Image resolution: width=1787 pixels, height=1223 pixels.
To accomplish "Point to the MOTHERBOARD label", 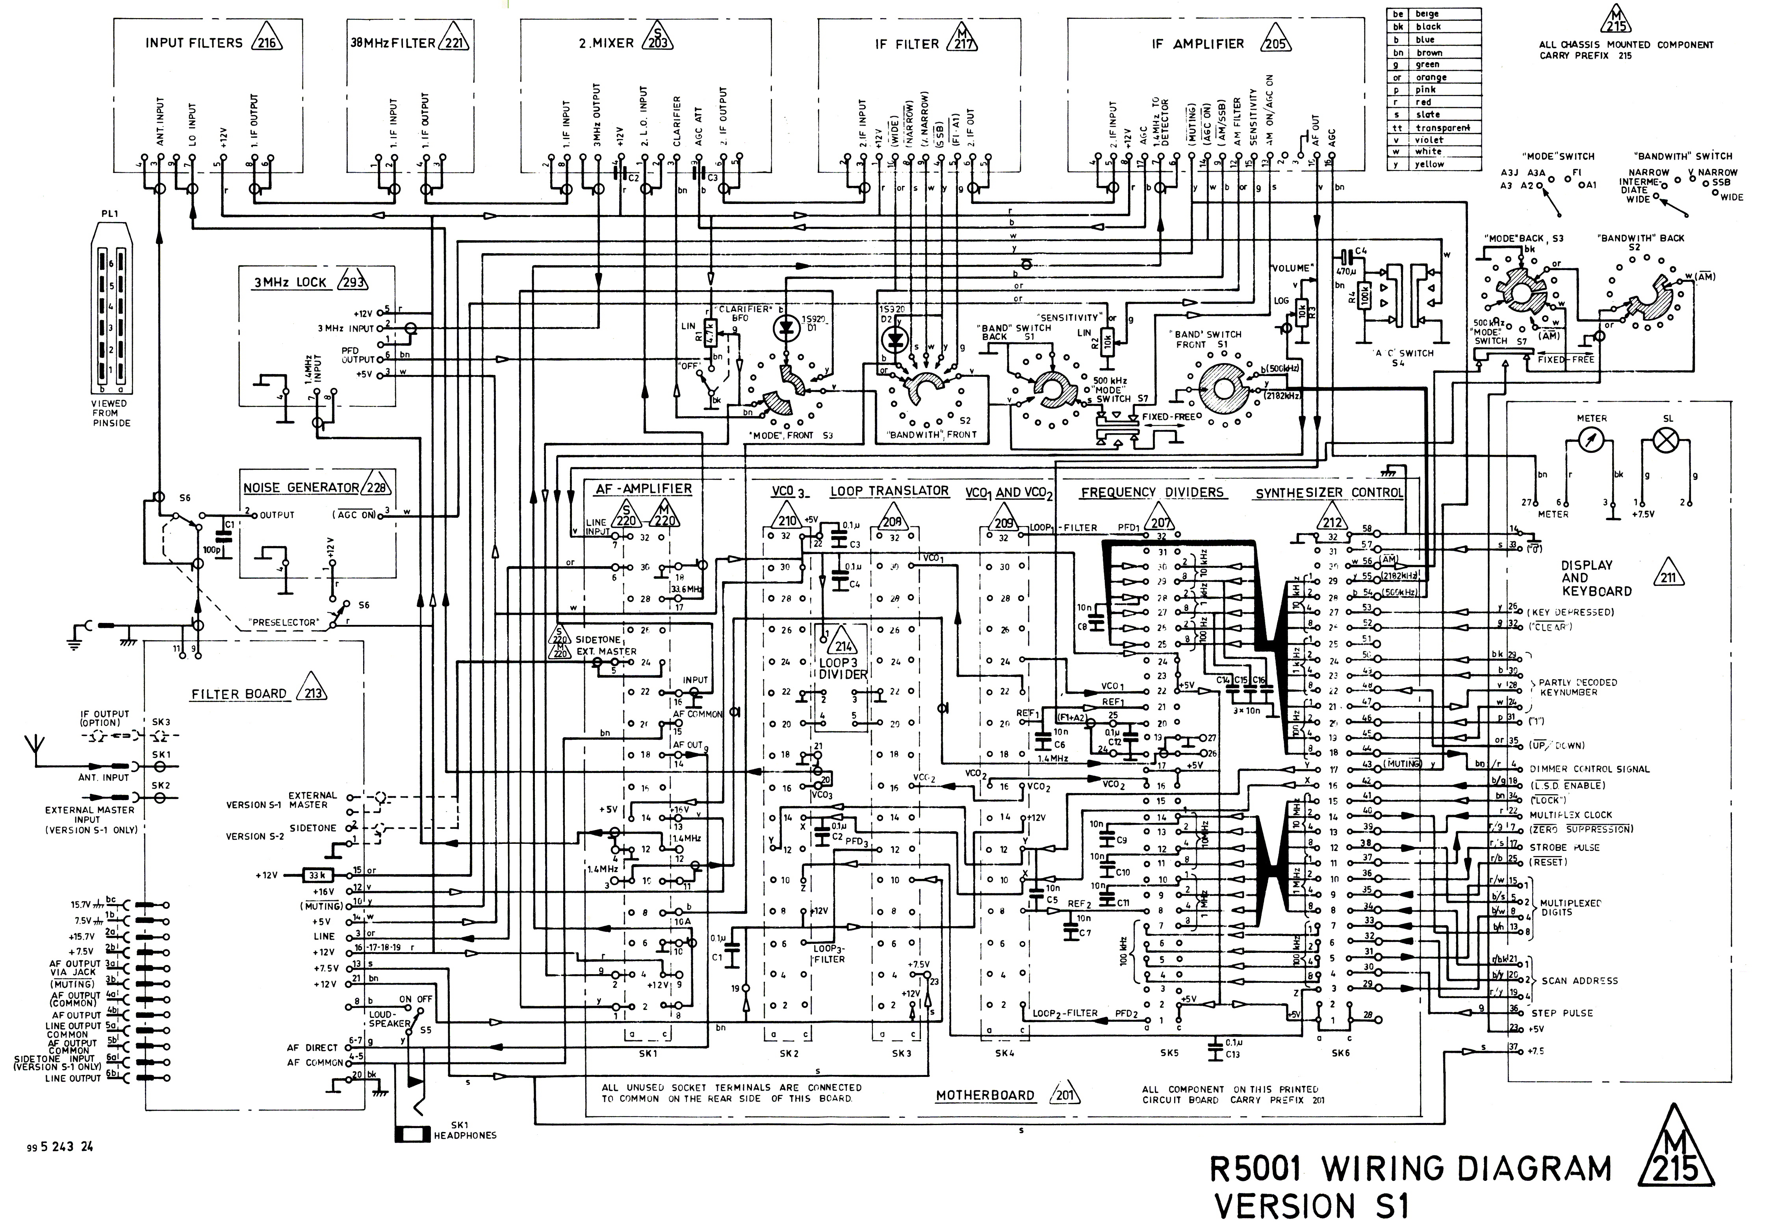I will (x=985, y=1095).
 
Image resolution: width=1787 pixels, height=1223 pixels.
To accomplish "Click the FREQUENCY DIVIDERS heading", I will (x=1152, y=492).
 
